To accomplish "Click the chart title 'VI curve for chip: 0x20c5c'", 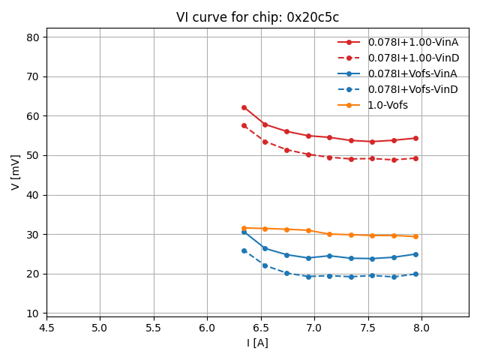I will (257, 17).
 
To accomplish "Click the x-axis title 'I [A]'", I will (257, 343).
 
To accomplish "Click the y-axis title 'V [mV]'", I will (15, 172).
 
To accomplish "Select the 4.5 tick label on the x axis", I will (46, 328).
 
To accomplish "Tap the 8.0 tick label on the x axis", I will (421, 328).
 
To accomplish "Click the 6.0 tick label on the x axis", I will (207, 328).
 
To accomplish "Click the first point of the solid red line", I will (244, 107).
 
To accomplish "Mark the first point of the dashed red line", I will (244, 125).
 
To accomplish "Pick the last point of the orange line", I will (415, 236).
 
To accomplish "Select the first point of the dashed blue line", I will (244, 250).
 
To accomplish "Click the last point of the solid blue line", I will (415, 254).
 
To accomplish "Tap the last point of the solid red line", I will (415, 138).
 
